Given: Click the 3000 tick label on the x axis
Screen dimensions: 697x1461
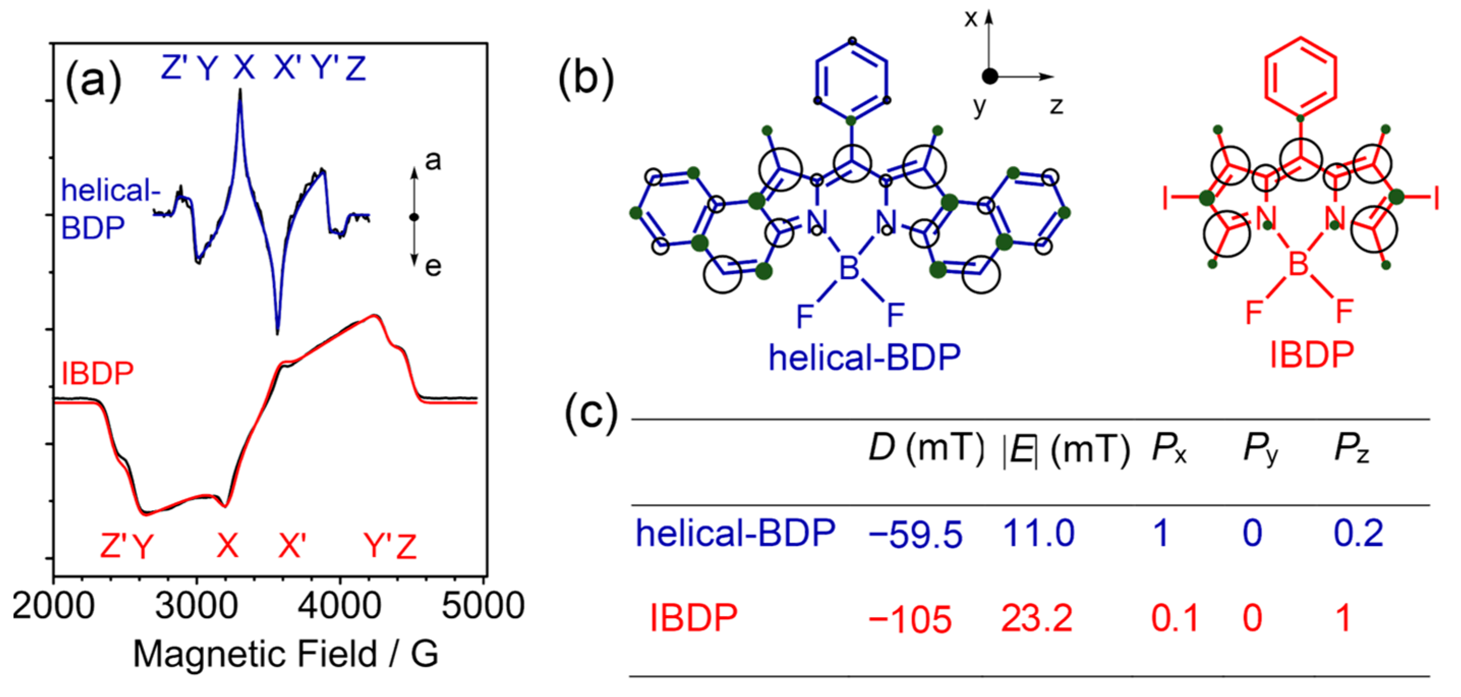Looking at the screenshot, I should pyautogui.click(x=196, y=606).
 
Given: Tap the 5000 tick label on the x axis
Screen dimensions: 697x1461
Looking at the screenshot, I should pyautogui.click(x=483, y=606).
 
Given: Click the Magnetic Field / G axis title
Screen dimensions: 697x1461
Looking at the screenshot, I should pyautogui.click(x=285, y=654).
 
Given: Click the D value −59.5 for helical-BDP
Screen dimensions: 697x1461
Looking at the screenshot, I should pyautogui.click(x=915, y=534).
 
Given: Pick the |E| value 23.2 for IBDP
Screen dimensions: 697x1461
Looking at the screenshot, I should pyautogui.click(x=1036, y=618).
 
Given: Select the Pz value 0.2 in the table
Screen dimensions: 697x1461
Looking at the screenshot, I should pyautogui.click(x=1358, y=533).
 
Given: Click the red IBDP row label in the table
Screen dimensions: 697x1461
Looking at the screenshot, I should pyautogui.click(x=693, y=618).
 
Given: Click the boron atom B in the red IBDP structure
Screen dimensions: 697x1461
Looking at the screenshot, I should pyautogui.click(x=1298, y=264).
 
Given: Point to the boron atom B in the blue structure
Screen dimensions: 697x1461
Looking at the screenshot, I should pyautogui.click(x=849, y=268).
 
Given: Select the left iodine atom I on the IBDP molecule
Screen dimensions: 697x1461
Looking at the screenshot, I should pyautogui.click(x=1166, y=199).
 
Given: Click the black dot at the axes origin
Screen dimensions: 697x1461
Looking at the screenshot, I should pyautogui.click(x=990, y=76).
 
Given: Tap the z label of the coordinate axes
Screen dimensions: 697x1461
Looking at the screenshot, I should pyautogui.click(x=1056, y=106).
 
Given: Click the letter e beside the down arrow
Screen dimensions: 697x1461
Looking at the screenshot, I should pyautogui.click(x=433, y=267).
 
